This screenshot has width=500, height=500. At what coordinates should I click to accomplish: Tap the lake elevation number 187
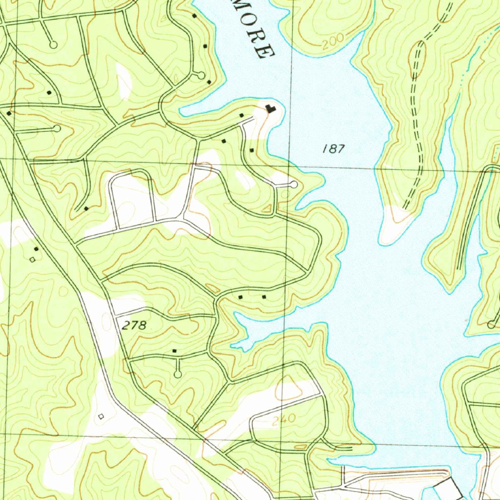point(333,149)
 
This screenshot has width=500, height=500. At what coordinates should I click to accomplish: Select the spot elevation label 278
point(134,326)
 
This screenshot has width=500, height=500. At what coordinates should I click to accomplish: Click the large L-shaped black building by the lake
point(270,109)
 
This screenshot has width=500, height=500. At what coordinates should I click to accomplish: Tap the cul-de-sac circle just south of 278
point(178,374)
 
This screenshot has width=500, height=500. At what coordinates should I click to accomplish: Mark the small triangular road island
point(268,209)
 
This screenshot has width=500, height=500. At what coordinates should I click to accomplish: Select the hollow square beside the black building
point(33,260)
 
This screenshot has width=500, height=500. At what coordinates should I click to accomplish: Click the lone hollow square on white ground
point(101,416)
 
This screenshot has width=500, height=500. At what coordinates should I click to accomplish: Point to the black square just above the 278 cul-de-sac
point(174,351)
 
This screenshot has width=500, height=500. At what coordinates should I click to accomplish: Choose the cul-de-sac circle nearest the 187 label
point(293,185)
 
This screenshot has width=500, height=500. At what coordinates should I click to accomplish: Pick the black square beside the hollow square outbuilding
point(37,249)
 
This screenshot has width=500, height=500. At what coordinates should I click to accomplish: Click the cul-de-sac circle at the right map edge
point(491,325)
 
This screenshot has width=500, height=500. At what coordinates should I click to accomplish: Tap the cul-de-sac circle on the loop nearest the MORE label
point(201,75)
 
